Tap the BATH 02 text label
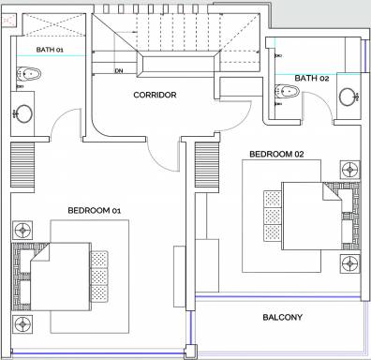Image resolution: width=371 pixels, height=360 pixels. (x=311, y=78)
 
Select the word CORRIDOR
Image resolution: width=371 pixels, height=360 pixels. (x=155, y=95)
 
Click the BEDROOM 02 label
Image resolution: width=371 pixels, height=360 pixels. (x=278, y=153)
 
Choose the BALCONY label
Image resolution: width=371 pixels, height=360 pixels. (x=281, y=318)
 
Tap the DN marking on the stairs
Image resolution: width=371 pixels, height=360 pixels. (x=119, y=70)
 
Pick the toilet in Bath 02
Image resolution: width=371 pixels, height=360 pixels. (x=286, y=91)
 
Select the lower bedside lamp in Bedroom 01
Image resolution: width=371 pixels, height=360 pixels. (x=21, y=324)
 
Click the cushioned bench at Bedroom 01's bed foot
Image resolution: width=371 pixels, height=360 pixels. (x=98, y=273)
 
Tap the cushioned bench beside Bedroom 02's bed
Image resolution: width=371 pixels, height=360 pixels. (x=273, y=216)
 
